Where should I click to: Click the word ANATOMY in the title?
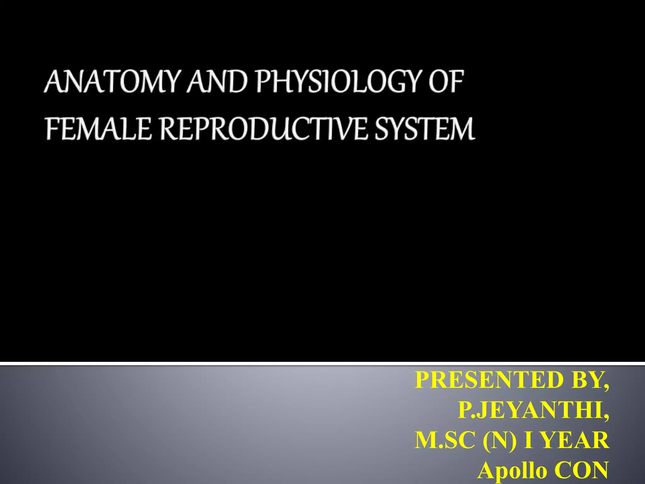[111, 82]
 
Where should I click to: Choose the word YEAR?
[575, 440]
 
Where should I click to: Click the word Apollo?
[512, 470]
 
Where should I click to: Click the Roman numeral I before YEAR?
[529, 440]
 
